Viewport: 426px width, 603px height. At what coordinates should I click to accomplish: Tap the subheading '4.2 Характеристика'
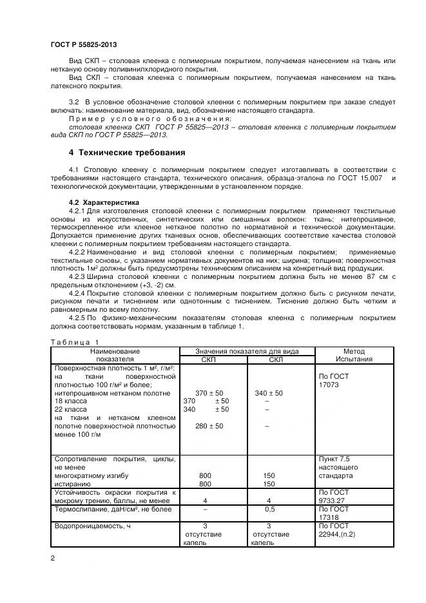point(95,202)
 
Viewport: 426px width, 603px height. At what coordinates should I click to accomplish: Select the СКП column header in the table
point(209,359)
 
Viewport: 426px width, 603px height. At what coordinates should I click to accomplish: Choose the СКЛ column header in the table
point(275,359)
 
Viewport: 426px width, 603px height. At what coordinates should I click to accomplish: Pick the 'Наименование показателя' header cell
point(115,354)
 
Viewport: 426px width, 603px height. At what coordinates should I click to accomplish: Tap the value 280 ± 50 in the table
point(209,426)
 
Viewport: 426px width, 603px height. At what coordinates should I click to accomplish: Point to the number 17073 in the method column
point(333,384)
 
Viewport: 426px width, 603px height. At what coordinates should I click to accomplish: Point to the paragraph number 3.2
point(73,102)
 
